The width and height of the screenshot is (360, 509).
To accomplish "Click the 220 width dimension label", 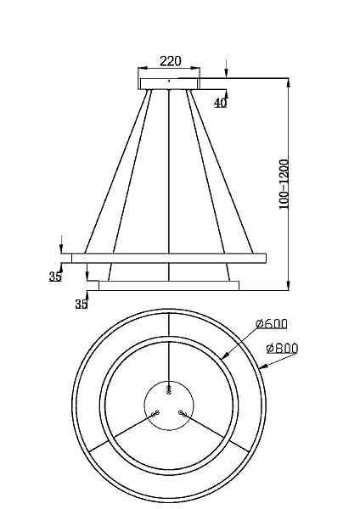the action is point(171,61).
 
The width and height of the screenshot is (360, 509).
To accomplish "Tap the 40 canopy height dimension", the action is point(220,103).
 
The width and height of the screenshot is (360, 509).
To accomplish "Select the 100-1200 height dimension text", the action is point(284,184).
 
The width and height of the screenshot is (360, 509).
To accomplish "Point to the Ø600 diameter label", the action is point(272,324).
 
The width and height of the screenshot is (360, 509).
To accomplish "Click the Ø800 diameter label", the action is point(282,349).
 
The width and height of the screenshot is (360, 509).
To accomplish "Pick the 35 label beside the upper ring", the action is point(55,277).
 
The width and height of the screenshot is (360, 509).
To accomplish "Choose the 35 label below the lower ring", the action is point(82,305).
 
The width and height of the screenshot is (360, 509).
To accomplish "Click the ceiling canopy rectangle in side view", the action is point(170,83).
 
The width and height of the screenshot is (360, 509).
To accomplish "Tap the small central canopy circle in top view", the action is point(169,406).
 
